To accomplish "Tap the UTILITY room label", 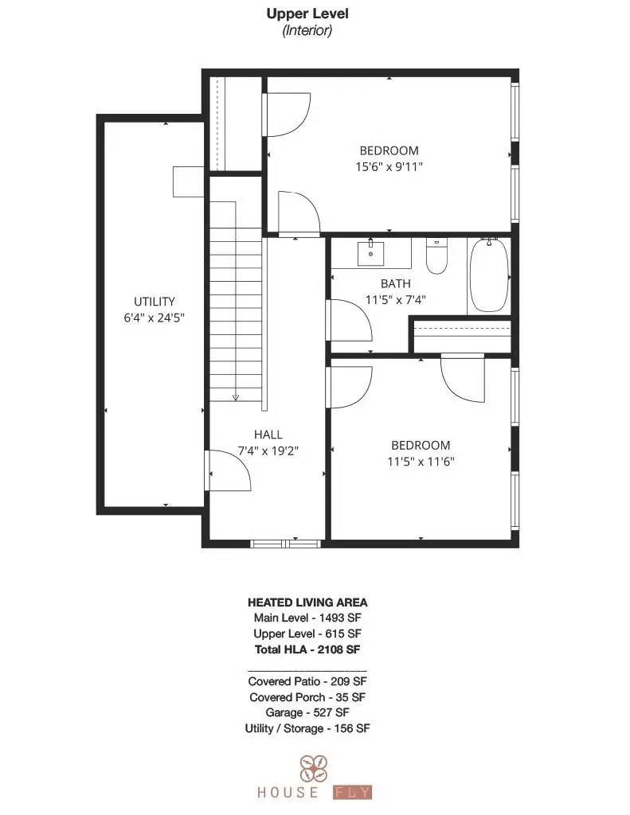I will coord(154,302).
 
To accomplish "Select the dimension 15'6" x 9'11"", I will coord(389,166).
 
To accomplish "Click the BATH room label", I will coord(396,283).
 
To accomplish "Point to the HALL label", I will coord(268,435).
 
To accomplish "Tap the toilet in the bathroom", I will coord(436,256).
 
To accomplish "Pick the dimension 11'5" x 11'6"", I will coord(421,461).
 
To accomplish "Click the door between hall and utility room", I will coord(229,471).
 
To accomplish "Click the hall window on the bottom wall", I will coord(285,544).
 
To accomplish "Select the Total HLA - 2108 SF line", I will coord(307,649).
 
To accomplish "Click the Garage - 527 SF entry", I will coord(307,712).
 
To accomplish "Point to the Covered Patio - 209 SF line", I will coord(307,681).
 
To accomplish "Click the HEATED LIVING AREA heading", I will coord(307,602).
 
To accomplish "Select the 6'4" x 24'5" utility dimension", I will coord(154,318).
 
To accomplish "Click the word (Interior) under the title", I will coord(307,31).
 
